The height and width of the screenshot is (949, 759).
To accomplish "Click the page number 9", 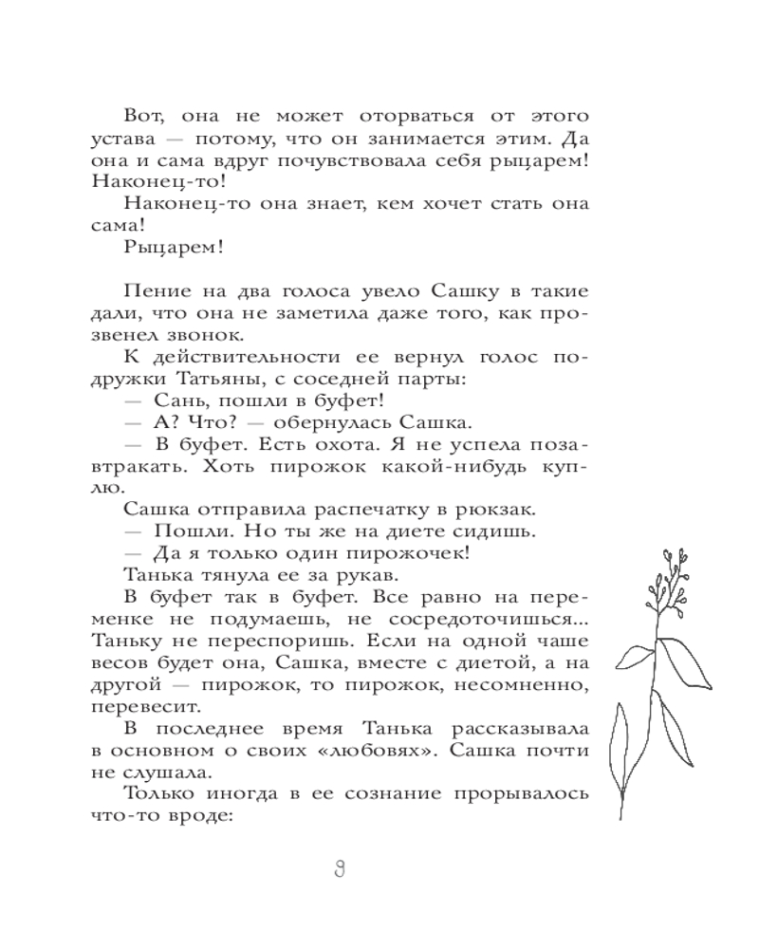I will point(339,868).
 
